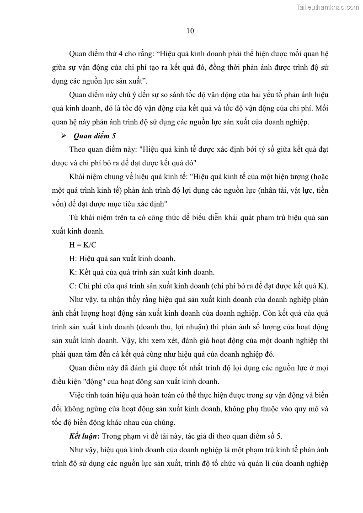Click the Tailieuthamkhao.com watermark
328,7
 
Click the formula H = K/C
83,244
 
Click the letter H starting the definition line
72,259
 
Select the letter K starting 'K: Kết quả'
72,273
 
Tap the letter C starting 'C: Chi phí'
72,286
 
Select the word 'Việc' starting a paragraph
76,395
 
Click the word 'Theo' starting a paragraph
77,149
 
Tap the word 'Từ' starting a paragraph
74,217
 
